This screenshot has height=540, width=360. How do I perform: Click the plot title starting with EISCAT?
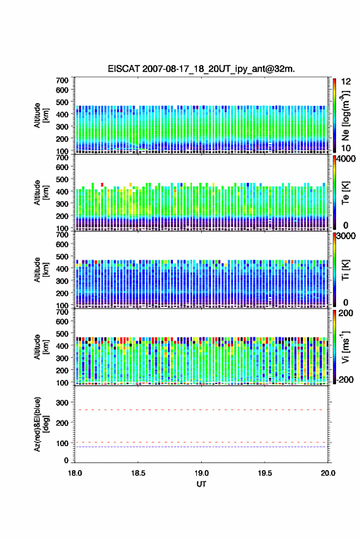pos(201,69)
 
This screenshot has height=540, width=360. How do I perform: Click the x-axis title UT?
pos(201,484)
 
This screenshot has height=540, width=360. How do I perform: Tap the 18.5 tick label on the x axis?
pos(138,473)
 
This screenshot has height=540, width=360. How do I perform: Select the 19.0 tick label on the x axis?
pos(201,473)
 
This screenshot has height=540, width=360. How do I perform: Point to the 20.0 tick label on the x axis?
pos(328,473)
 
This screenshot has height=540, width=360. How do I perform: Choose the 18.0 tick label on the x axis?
pos(75,473)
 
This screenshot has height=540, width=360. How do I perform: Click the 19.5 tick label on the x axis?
pos(265,473)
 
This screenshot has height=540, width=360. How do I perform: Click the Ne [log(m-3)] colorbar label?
pos(346,115)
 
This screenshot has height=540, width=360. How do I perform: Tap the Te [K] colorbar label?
pos(345,193)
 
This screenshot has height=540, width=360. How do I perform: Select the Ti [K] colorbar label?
pos(345,270)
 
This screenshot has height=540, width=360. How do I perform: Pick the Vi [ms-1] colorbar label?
pos(345,347)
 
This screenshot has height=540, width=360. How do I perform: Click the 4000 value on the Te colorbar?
pos(346,159)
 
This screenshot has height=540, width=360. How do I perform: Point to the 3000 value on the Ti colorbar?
pos(346,236)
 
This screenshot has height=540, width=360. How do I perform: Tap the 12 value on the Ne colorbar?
pos(346,82)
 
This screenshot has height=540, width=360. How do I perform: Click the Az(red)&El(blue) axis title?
pos(40,424)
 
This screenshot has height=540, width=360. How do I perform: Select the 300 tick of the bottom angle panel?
pos(63,403)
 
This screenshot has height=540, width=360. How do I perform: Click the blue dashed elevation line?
pos(201,447)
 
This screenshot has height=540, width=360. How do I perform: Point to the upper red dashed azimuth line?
pos(201,410)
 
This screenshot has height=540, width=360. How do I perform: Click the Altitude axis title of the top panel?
pos(41,115)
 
